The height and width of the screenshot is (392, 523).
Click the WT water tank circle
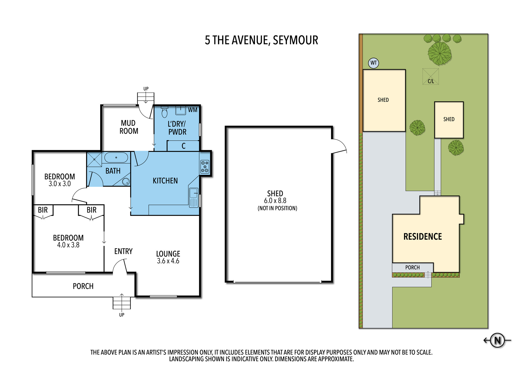(x=373, y=63)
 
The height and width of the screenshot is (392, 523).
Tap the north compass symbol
(x=497, y=340)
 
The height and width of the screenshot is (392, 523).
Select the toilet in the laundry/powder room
(x=164, y=112)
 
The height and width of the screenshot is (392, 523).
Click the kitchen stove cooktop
(x=205, y=167)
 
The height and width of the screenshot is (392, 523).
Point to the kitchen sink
(x=194, y=198)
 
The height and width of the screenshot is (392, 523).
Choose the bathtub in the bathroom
(x=116, y=158)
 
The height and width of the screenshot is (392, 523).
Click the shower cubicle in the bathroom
(x=94, y=159)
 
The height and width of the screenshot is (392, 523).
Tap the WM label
(x=193, y=110)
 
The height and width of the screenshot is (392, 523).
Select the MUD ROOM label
(x=129, y=127)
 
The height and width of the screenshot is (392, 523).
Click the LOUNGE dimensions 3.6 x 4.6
(x=168, y=261)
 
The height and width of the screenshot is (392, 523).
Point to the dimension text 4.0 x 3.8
(x=68, y=245)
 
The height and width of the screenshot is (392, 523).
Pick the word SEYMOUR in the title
(x=295, y=40)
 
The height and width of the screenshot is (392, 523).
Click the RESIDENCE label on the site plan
(x=423, y=237)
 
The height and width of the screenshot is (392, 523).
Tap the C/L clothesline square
(x=431, y=76)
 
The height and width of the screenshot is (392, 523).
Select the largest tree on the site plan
(x=440, y=53)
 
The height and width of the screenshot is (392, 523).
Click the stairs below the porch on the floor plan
(x=122, y=303)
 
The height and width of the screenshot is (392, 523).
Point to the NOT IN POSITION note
(x=277, y=208)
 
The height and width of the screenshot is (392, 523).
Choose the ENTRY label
(x=123, y=251)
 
